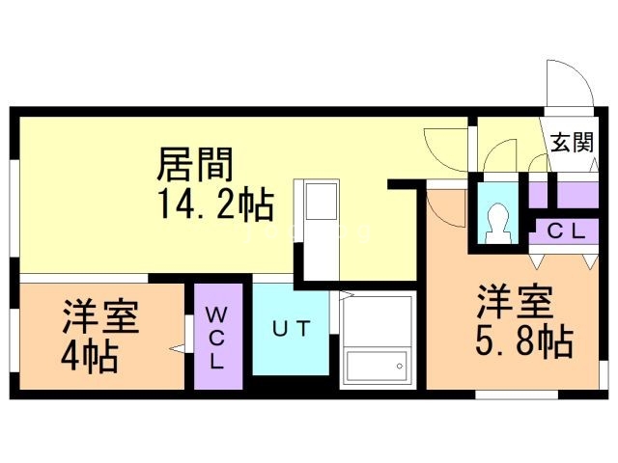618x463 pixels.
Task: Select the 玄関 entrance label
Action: [572, 143]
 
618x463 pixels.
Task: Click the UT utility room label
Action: [290, 329]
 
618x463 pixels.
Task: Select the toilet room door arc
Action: [500, 157]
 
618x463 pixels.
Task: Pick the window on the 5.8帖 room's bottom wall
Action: [517, 395]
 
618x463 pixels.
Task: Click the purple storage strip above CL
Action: [576, 194]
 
